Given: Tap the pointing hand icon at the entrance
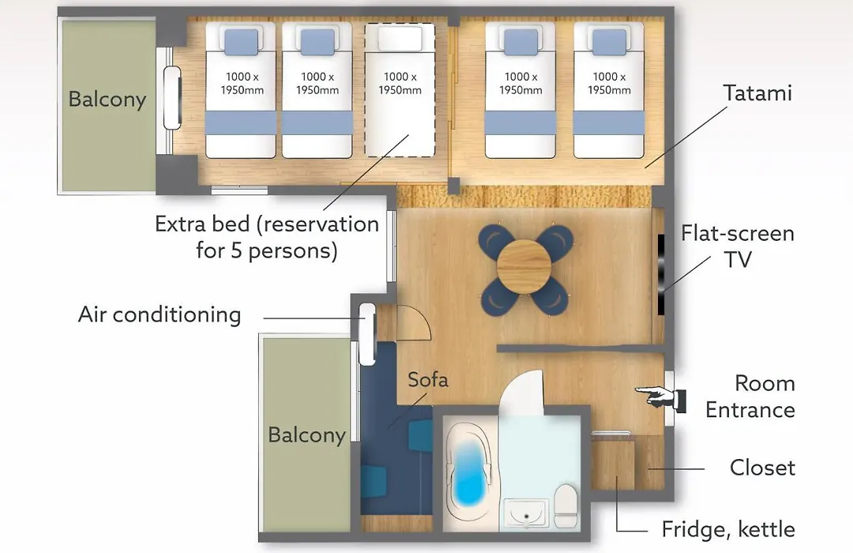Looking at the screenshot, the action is click(x=660, y=397).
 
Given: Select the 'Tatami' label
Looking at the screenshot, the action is click(x=757, y=93).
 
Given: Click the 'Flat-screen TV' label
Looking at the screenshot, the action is click(x=738, y=246).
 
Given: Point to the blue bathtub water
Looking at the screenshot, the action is click(x=469, y=472).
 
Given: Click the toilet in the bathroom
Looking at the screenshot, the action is click(x=566, y=504).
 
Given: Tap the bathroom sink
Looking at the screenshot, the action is click(x=526, y=513).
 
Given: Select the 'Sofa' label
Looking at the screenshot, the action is click(x=428, y=379).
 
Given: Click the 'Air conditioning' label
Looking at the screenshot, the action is click(x=160, y=314).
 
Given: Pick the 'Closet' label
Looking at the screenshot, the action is click(x=763, y=468).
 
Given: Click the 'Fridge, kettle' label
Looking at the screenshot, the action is click(x=728, y=529).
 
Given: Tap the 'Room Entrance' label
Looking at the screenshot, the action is click(x=750, y=397).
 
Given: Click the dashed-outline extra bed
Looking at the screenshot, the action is click(x=400, y=90).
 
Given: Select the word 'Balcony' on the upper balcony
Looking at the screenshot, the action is click(x=107, y=100).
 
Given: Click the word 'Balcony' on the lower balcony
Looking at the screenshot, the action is click(x=306, y=434).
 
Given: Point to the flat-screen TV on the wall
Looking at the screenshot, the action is click(x=661, y=274).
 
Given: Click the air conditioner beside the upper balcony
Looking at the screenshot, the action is click(x=172, y=98).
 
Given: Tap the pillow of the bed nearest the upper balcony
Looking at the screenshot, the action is click(x=241, y=42).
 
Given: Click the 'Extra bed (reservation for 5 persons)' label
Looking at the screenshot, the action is click(x=267, y=237).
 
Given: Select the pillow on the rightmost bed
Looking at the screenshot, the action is click(x=609, y=42).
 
